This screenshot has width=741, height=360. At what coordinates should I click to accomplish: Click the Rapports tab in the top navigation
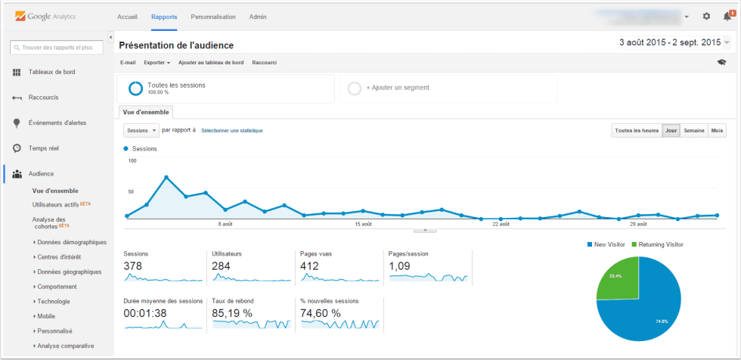(164, 17)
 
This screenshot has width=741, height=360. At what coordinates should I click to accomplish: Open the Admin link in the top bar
(258, 17)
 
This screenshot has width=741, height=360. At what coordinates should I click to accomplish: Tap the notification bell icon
(727, 17)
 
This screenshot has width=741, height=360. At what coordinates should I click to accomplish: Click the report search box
(57, 48)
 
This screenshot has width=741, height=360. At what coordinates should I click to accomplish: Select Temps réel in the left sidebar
(43, 148)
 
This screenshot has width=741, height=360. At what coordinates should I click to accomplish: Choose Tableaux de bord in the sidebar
(51, 73)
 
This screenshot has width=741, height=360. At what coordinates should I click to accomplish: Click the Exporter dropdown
(157, 62)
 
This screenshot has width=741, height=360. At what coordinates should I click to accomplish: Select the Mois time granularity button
(717, 131)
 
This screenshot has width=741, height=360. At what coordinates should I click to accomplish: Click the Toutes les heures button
(636, 131)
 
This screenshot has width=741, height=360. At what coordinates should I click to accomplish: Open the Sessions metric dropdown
(141, 130)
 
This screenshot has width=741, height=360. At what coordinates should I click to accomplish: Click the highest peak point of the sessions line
(166, 178)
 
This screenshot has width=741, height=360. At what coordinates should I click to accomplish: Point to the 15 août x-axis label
(363, 225)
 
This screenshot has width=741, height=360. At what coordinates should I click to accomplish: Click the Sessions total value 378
(133, 266)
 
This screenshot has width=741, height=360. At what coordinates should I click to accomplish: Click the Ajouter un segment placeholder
(397, 88)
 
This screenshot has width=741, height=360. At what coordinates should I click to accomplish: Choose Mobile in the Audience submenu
(46, 316)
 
